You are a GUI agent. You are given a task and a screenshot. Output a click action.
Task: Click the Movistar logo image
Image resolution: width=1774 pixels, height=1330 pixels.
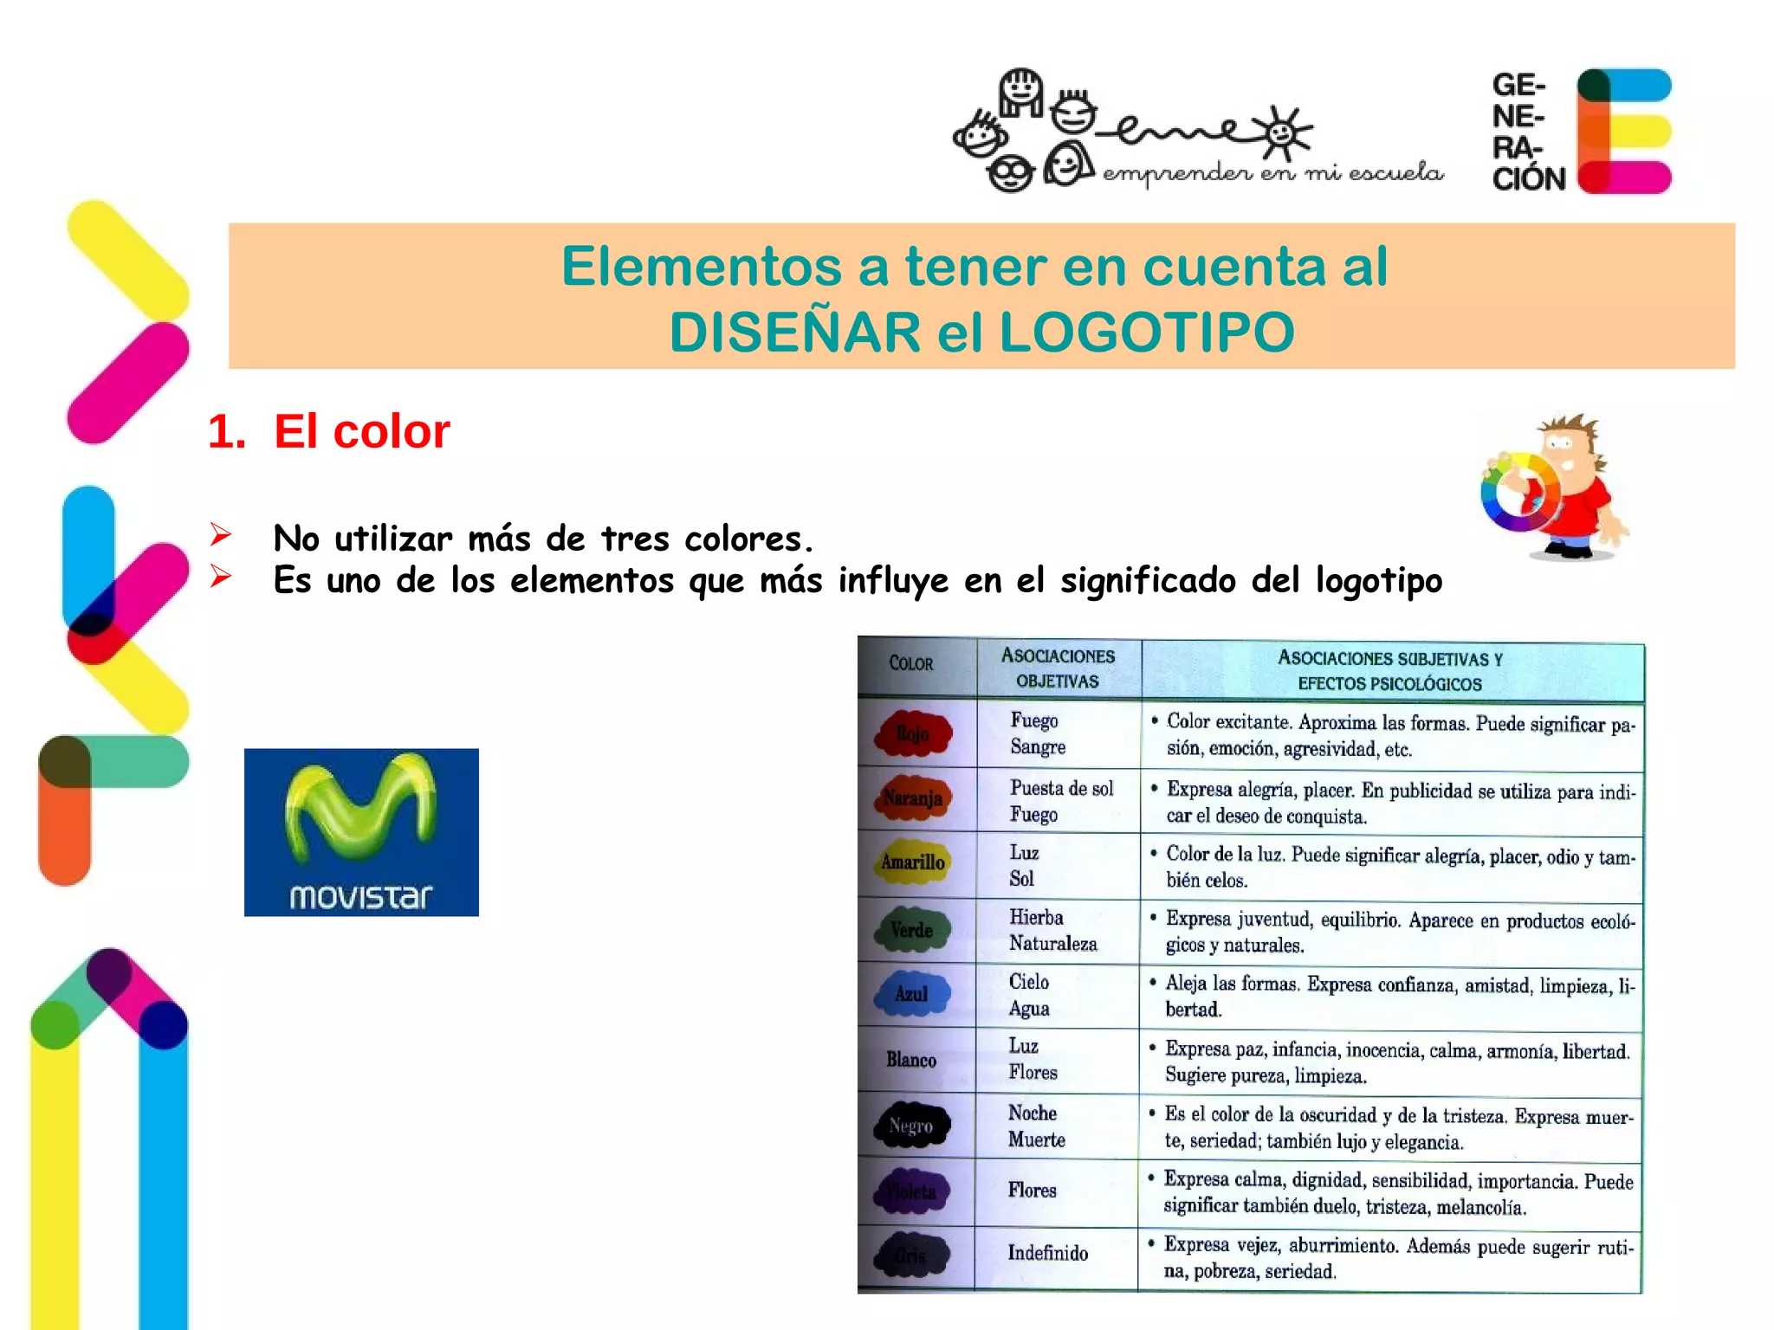[361, 832]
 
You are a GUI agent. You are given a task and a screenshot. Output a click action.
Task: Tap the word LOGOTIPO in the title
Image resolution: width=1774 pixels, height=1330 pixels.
[1147, 332]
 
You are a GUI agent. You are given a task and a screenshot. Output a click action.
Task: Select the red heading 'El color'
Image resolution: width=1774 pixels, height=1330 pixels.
[361, 431]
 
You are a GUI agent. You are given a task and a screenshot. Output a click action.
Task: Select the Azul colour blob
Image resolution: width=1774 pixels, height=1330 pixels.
[911, 994]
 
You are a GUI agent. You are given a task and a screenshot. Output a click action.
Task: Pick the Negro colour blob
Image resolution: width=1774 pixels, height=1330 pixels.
[911, 1126]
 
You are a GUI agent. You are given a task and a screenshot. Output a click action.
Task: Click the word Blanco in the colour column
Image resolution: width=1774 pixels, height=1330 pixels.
[911, 1060]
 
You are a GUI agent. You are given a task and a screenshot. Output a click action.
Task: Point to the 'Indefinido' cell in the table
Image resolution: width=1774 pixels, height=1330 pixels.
[1048, 1253]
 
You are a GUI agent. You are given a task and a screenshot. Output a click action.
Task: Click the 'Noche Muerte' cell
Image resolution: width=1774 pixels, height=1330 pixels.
[1036, 1127]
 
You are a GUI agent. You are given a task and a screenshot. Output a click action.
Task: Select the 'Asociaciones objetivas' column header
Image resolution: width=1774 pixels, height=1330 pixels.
[1058, 668]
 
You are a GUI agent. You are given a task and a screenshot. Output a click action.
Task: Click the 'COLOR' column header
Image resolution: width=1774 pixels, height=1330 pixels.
[911, 664]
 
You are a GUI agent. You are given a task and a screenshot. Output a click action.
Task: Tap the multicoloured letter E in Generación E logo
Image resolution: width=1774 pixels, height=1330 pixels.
[1622, 131]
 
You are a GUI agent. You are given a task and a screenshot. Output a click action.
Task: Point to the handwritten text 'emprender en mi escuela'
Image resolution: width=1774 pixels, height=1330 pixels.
[1272, 174]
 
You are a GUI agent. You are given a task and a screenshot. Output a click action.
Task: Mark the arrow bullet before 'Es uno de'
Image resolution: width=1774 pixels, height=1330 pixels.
[221, 576]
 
